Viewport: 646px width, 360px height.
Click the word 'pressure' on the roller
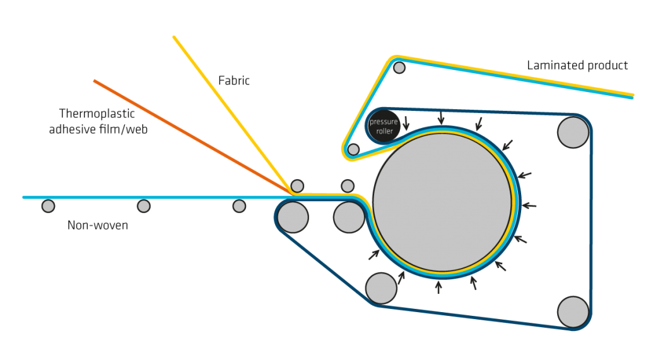[x=384, y=122]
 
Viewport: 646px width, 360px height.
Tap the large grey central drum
[x=442, y=202]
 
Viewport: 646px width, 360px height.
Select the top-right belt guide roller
[x=573, y=132]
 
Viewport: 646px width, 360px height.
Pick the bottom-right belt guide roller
[x=573, y=311]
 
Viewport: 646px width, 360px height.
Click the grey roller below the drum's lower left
[x=381, y=288]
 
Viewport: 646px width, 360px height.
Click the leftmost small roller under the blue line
[x=48, y=206]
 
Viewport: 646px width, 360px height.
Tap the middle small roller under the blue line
[x=144, y=206]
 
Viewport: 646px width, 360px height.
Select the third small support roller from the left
[x=239, y=206]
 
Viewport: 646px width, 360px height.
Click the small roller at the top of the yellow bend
[x=399, y=67]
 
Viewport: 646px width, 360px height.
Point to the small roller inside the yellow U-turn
[x=353, y=149]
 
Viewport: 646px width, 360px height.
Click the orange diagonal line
[x=189, y=135]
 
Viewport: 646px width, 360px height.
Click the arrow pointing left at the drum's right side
[x=530, y=206]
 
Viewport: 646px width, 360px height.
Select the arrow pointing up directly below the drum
[x=438, y=287]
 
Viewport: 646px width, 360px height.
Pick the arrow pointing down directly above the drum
[x=441, y=118]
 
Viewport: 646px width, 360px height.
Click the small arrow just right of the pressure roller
[x=406, y=122]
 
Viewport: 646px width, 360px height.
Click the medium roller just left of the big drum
[x=348, y=218]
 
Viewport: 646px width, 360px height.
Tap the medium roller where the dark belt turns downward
[x=292, y=217]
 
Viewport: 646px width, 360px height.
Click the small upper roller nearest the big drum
[x=348, y=186]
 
